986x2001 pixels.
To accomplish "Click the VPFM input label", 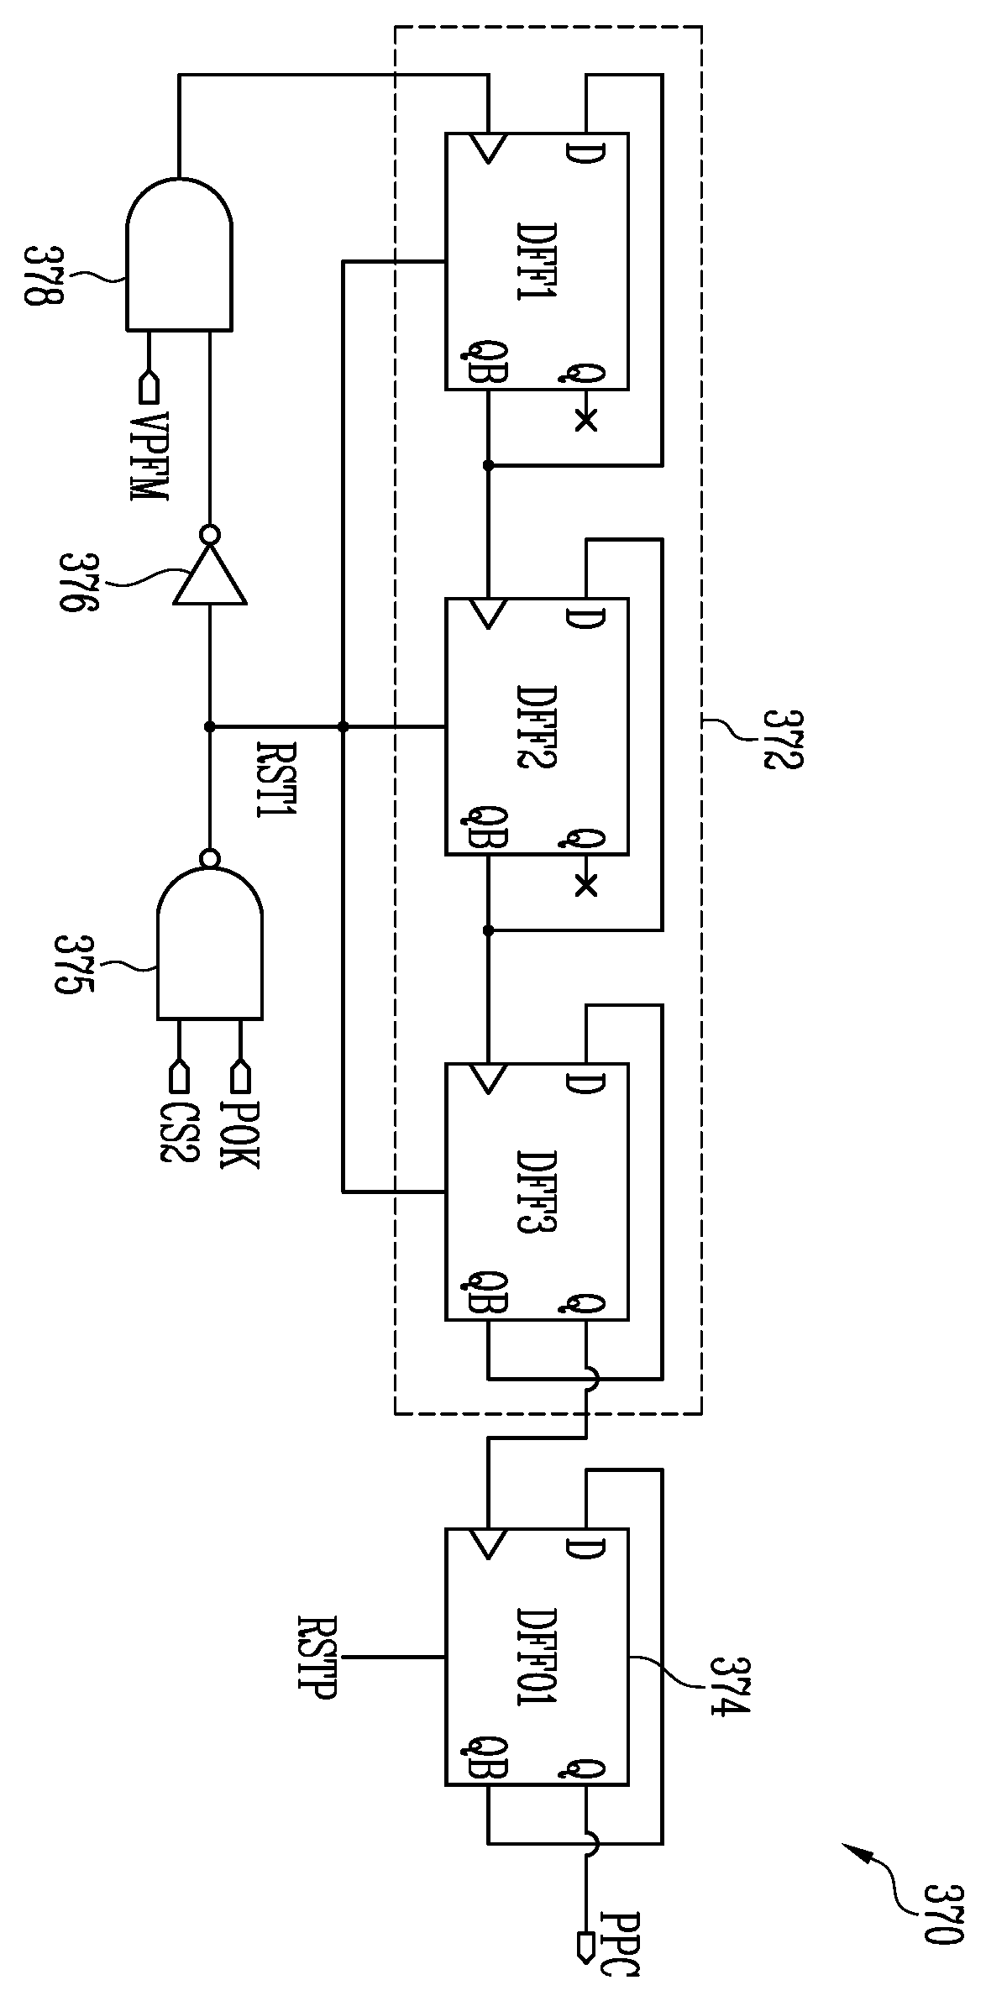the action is coord(149,456).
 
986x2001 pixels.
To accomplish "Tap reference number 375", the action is coord(72,965).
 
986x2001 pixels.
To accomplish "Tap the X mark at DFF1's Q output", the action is coord(586,420).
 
